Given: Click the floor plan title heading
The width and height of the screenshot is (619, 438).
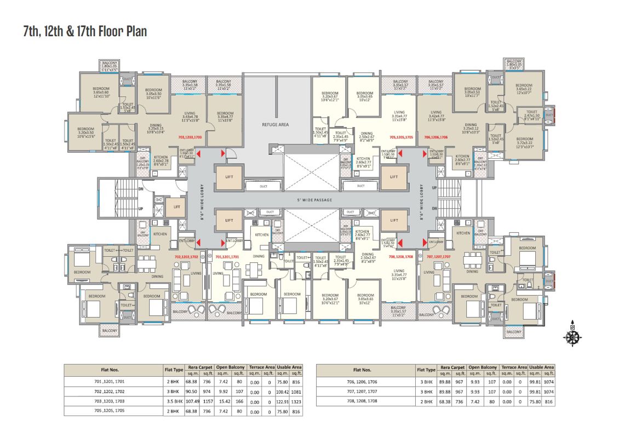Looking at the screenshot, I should click(85, 31).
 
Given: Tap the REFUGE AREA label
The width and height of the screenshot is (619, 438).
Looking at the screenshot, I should click(276, 125).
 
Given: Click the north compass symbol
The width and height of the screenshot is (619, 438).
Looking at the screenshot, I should click(572, 336).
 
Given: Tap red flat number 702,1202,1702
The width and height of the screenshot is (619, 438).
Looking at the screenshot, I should click(186, 256).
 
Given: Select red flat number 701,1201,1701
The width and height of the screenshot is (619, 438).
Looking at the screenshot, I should click(227, 256).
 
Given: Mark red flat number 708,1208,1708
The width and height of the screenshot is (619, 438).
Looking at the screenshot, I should click(400, 256).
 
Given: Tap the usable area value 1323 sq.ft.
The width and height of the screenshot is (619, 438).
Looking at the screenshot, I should click(296, 401).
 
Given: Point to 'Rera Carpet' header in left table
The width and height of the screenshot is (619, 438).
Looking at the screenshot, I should click(201, 368).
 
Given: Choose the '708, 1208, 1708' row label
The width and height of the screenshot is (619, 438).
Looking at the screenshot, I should click(366, 401).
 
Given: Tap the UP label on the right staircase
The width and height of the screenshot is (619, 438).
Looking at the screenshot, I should click(435, 187).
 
